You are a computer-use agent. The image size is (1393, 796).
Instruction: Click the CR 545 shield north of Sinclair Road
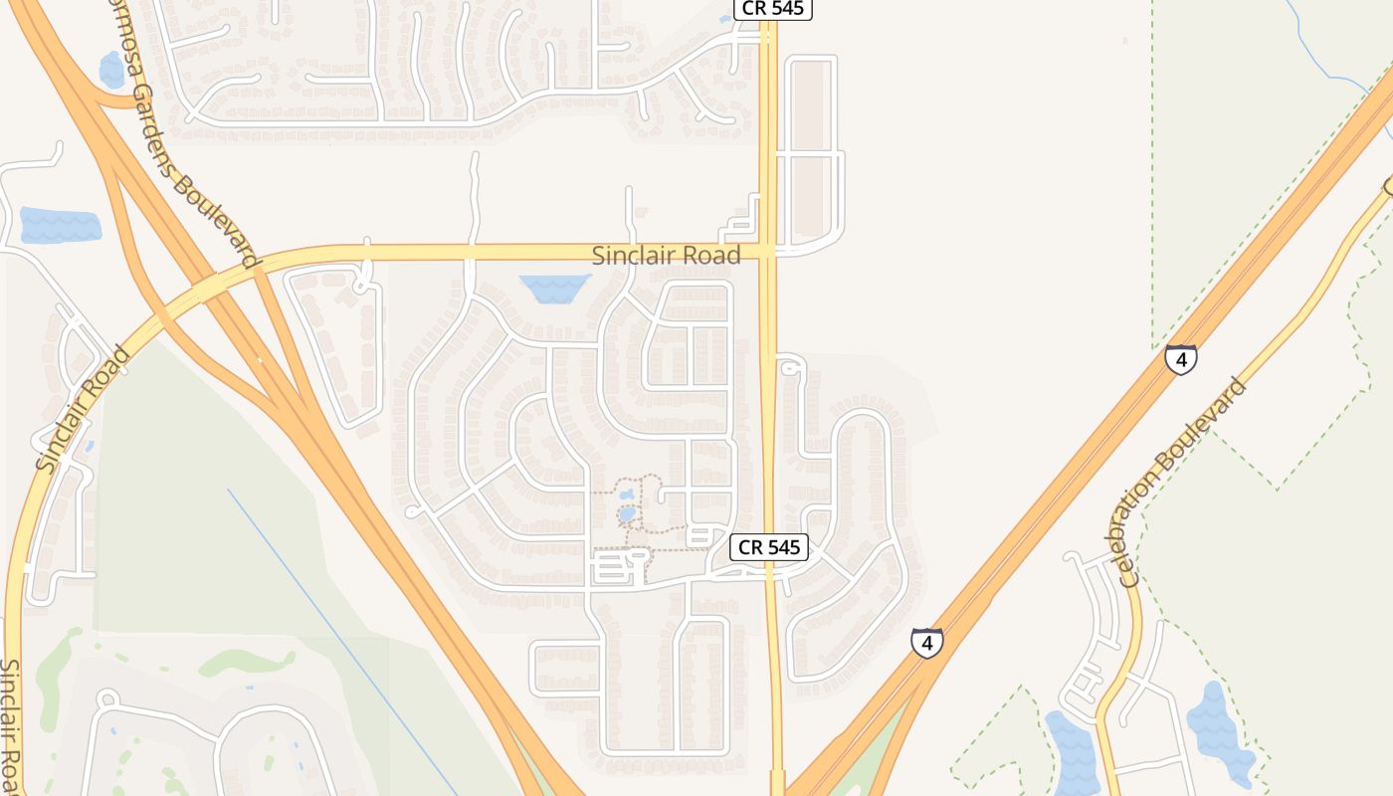pos(773,9)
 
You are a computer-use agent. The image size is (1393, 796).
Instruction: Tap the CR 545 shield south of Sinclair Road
pos(769,546)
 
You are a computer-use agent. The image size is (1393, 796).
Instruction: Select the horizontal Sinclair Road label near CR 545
pos(666,256)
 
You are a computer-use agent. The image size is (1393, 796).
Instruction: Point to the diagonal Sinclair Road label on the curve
pos(83,408)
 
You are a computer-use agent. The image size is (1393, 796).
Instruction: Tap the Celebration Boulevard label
pos(1182,482)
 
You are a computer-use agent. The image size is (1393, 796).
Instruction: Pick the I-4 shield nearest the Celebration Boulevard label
pos(1181,358)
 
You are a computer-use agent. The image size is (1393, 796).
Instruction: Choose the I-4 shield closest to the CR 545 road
pos(926,643)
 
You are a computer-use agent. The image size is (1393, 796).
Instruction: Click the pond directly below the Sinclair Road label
pos(555,289)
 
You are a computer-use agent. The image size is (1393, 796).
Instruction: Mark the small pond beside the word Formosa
pos(111,70)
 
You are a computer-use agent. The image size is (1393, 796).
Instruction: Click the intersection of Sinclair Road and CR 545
pos(768,251)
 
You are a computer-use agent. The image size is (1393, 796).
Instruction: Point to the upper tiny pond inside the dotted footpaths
pos(626,494)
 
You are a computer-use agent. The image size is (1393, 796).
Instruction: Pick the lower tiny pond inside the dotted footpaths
pos(627,514)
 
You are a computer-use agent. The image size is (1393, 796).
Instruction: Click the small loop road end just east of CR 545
pos(790,367)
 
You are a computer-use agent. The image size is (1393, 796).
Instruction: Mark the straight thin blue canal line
pos(338,637)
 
